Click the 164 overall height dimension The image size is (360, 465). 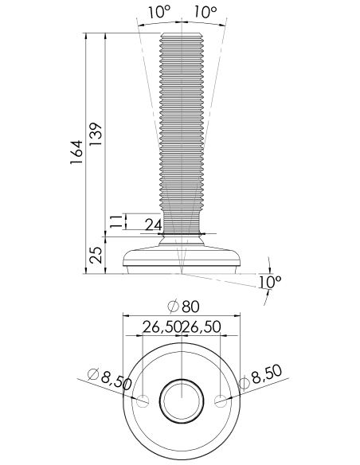tap(76, 152)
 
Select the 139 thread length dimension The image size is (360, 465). tap(96, 134)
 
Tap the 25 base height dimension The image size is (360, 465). tap(96, 255)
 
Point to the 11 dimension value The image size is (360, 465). tap(116, 221)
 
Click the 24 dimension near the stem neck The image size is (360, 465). tap(153, 225)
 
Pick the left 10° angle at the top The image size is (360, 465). tap(159, 13)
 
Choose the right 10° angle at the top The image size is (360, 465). tap(205, 13)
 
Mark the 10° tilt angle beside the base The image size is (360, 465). tap(269, 282)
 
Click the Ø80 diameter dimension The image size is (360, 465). tap(183, 307)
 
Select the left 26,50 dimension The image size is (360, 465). tap(162, 326)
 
